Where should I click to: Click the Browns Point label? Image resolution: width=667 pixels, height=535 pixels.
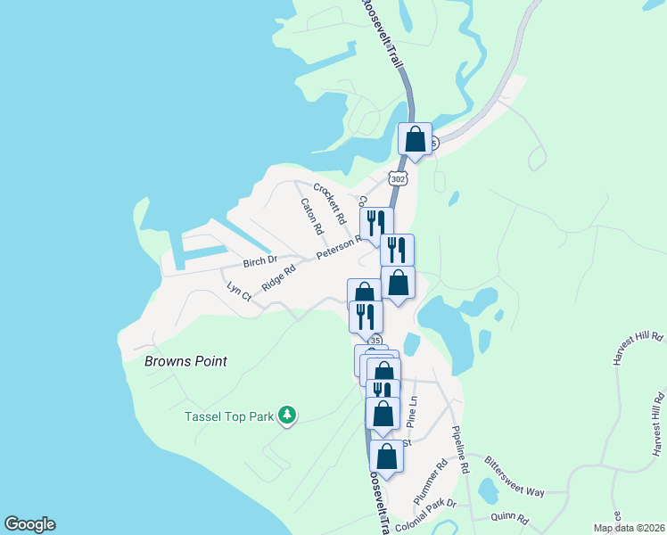click(x=185, y=361)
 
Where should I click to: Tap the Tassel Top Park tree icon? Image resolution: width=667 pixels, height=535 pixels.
click(x=286, y=415)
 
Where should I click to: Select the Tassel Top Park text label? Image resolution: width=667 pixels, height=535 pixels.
click(x=227, y=416)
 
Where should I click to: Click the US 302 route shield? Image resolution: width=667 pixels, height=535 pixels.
click(x=399, y=179)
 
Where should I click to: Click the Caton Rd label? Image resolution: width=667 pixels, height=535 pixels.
click(x=310, y=215)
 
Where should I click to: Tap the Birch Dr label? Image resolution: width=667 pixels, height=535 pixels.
click(x=261, y=263)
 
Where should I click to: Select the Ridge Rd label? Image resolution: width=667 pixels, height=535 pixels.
click(x=278, y=278)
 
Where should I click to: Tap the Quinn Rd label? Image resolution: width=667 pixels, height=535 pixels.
click(x=510, y=519)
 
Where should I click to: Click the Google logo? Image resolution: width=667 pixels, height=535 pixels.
click(x=29, y=524)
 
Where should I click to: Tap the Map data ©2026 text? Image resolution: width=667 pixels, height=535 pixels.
click(x=629, y=528)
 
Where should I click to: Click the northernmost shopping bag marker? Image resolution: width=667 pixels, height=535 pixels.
click(x=415, y=139)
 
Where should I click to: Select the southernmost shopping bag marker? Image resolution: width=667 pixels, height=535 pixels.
click(x=386, y=456)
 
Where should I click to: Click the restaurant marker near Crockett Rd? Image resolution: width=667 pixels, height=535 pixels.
click(x=375, y=223)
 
